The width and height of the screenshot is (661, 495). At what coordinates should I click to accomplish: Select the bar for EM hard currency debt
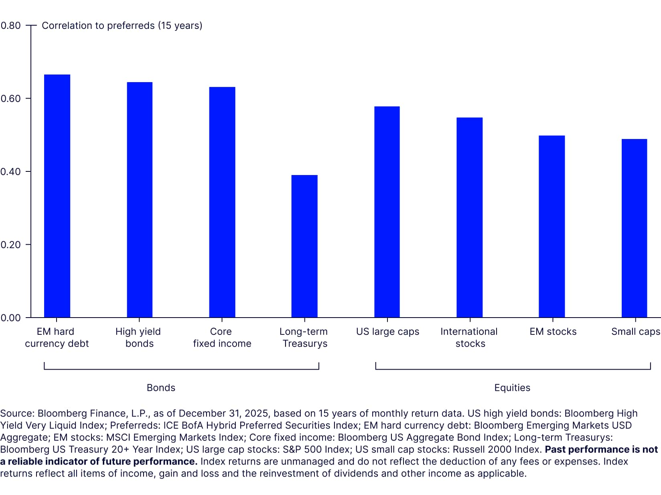(x=57, y=196)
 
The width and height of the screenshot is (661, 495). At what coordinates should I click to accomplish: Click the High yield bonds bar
(x=140, y=200)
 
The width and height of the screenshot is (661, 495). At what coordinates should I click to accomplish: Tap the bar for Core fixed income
(x=222, y=202)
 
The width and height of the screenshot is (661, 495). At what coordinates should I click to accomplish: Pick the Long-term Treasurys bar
(x=304, y=246)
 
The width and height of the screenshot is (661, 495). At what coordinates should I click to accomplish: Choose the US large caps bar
(x=387, y=212)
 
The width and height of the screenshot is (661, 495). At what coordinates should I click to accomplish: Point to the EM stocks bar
(x=552, y=227)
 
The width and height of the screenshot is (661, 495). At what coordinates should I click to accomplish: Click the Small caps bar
(x=635, y=228)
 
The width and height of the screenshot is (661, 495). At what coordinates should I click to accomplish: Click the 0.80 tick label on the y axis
(x=11, y=26)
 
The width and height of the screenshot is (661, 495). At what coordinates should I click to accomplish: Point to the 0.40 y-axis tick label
(x=11, y=172)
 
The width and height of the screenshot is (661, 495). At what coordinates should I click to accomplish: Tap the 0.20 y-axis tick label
(x=11, y=245)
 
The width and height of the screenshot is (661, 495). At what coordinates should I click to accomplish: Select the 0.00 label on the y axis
(x=11, y=318)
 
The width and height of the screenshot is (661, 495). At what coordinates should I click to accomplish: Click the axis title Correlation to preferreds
(x=122, y=26)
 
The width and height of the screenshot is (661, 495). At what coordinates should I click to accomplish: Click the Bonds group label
(x=161, y=388)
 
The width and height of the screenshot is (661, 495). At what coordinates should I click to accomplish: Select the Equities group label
(x=512, y=388)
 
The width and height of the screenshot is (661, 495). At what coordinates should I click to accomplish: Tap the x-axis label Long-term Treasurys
(x=304, y=338)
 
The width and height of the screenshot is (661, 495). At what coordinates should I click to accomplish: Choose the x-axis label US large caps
(x=387, y=332)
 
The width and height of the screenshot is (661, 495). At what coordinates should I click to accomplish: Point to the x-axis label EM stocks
(x=553, y=332)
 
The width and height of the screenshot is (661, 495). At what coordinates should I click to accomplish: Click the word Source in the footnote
(x=17, y=413)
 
